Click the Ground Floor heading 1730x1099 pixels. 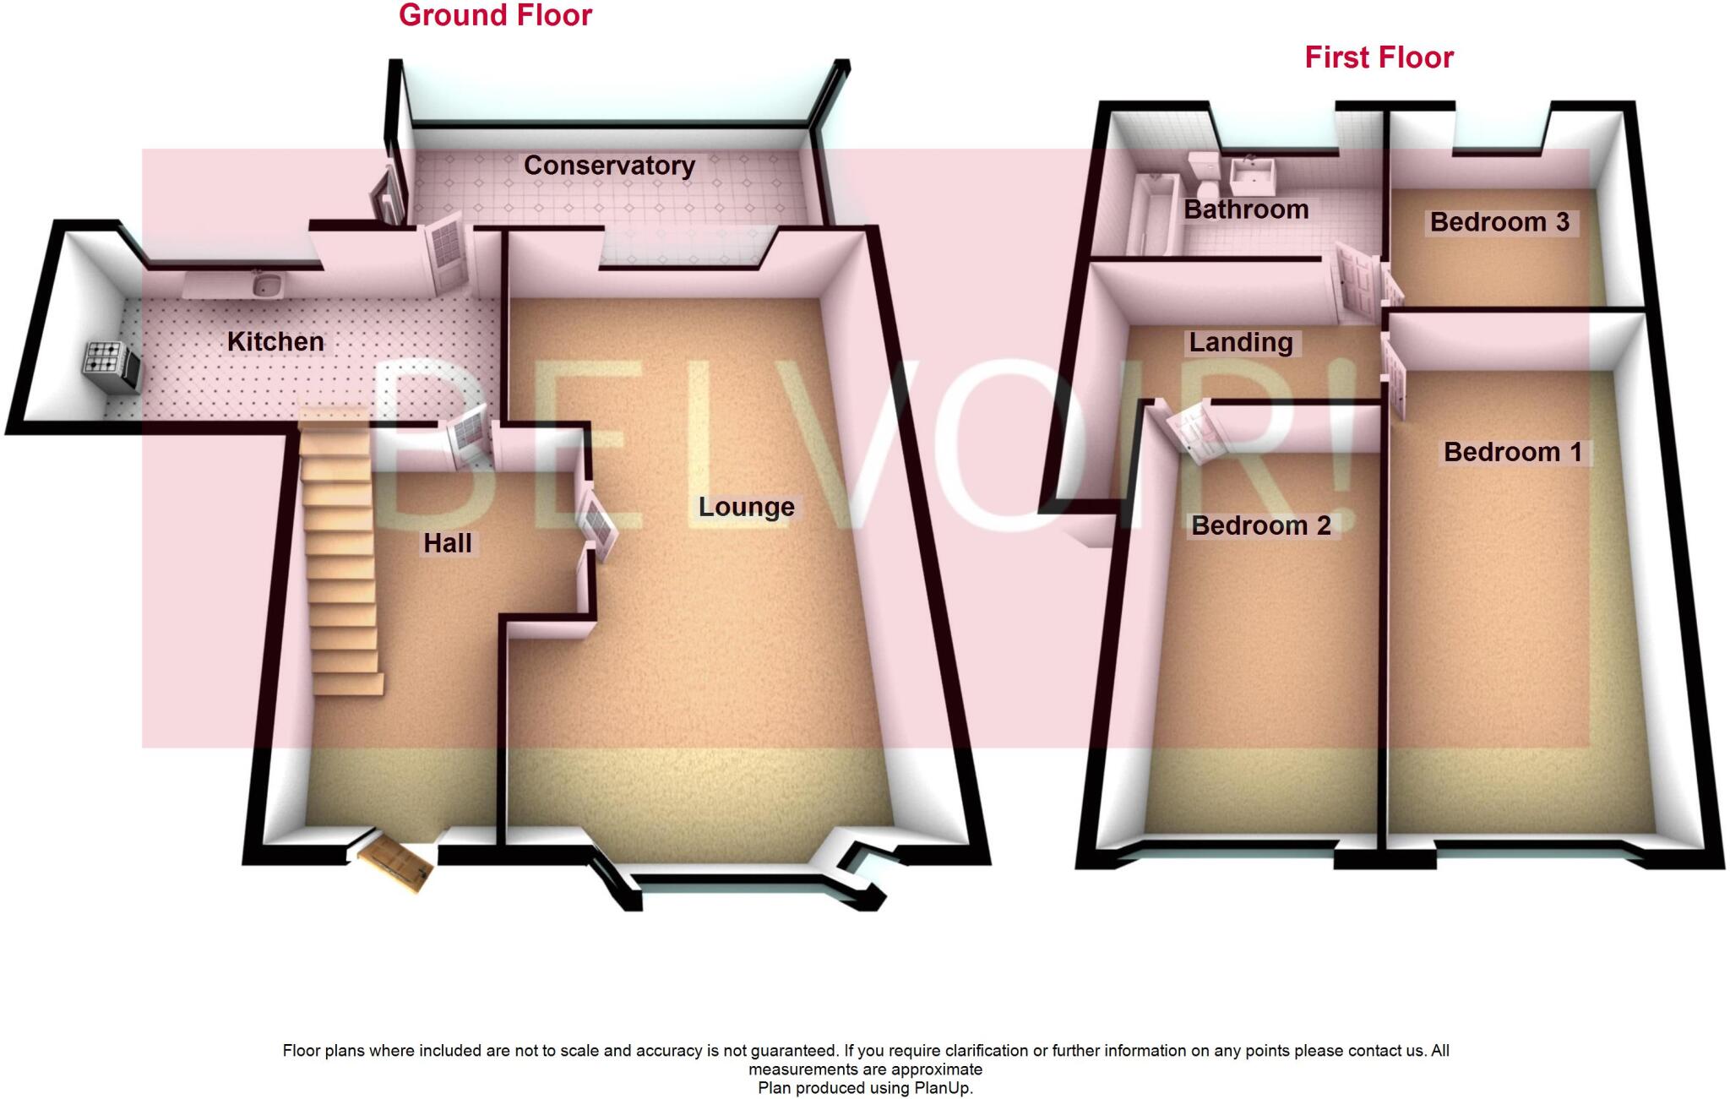click(x=495, y=15)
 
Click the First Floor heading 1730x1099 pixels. click(x=1379, y=57)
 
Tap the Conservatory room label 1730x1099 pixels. click(x=609, y=166)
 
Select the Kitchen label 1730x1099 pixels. click(x=275, y=342)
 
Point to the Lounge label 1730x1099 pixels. click(x=746, y=507)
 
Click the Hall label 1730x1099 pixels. click(x=447, y=543)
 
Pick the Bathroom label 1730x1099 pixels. click(x=1246, y=209)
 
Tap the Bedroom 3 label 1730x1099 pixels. click(x=1499, y=222)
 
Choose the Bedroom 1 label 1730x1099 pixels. click(x=1513, y=452)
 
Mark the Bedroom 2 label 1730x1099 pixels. click(x=1261, y=525)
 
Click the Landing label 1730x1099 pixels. click(x=1241, y=342)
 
